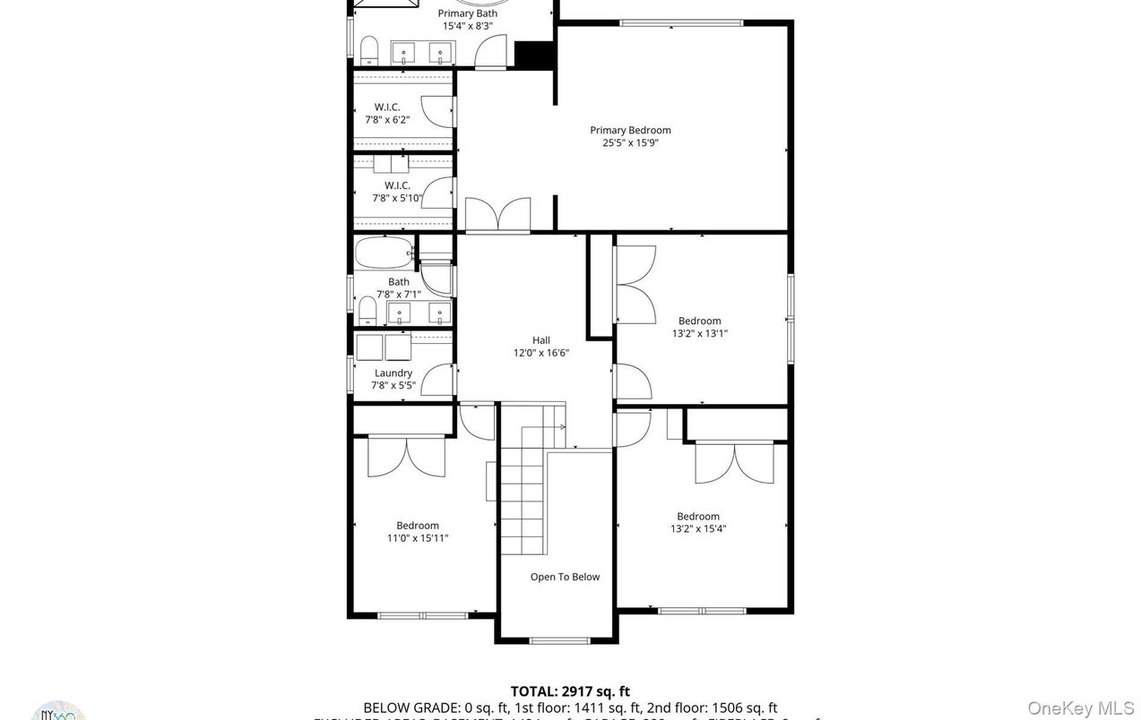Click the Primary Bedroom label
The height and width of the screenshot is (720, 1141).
(630, 131)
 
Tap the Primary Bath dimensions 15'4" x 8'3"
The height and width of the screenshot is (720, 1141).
(467, 26)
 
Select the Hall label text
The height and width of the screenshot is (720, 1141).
(540, 340)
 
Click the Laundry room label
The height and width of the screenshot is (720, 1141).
(393, 373)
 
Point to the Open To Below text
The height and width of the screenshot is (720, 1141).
(565, 578)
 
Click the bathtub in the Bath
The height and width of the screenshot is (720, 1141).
(384, 253)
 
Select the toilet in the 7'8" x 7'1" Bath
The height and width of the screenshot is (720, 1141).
(367, 311)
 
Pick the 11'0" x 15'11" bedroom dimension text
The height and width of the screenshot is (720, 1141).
(418, 538)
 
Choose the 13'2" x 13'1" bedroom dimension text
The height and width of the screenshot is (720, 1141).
(699, 333)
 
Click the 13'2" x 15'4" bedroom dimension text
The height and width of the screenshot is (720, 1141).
(698, 528)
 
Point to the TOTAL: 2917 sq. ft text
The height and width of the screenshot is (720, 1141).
(570, 691)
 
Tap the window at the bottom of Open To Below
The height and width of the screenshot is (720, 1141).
(559, 640)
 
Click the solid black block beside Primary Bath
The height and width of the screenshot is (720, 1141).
(534, 55)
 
